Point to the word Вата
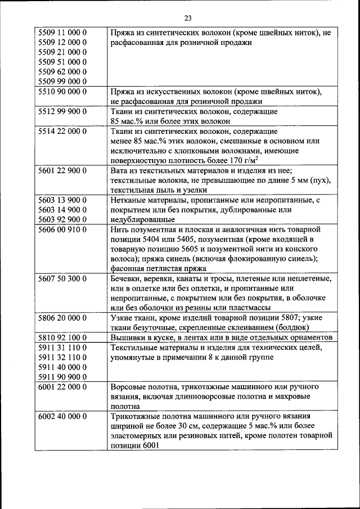coord(120,170)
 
